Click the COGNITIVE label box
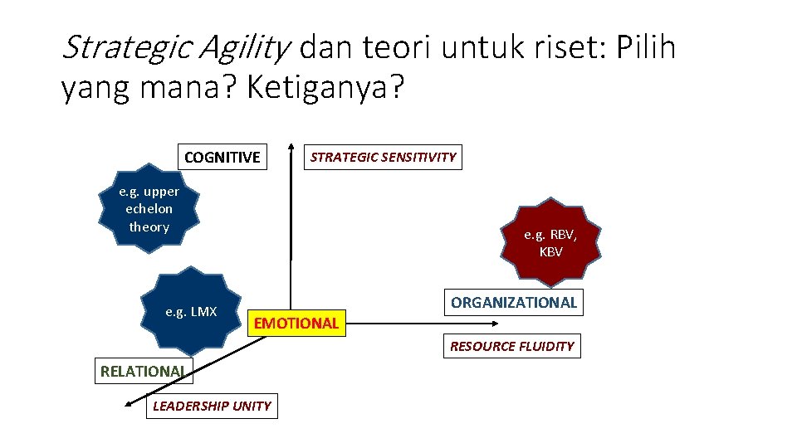[222, 157]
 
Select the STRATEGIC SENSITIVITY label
[383, 157]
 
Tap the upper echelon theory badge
[149, 209]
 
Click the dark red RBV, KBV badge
[550, 243]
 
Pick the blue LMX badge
[192, 312]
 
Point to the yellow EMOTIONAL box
[296, 323]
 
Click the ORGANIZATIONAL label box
[513, 303]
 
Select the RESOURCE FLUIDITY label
[511, 346]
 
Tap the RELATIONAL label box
[142, 371]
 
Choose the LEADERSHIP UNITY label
[212, 406]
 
